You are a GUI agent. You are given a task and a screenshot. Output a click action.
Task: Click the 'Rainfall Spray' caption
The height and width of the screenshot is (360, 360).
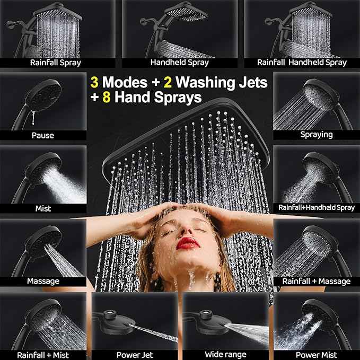click(55, 63)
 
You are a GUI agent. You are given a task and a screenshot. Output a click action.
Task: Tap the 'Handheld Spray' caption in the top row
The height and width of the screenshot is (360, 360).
click(179, 63)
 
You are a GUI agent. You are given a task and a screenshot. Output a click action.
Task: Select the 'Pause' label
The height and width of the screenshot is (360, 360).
click(42, 135)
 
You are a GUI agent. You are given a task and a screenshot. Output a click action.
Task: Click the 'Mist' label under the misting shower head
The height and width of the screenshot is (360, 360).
click(42, 208)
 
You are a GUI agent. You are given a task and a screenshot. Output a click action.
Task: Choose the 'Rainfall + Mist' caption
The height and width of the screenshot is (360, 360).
click(43, 355)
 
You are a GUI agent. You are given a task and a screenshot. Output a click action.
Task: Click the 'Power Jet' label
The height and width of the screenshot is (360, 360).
click(135, 355)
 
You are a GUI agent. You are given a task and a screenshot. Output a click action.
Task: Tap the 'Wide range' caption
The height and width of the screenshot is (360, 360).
click(226, 355)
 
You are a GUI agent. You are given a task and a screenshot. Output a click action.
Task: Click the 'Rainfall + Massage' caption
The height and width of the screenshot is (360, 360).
click(317, 281)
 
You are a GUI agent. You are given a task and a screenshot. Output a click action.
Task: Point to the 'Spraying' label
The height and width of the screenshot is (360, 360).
click(317, 135)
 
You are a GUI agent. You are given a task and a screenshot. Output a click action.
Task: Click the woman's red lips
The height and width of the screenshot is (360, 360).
click(188, 243)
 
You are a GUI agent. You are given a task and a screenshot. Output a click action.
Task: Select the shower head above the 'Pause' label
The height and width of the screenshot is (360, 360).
click(43, 95)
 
